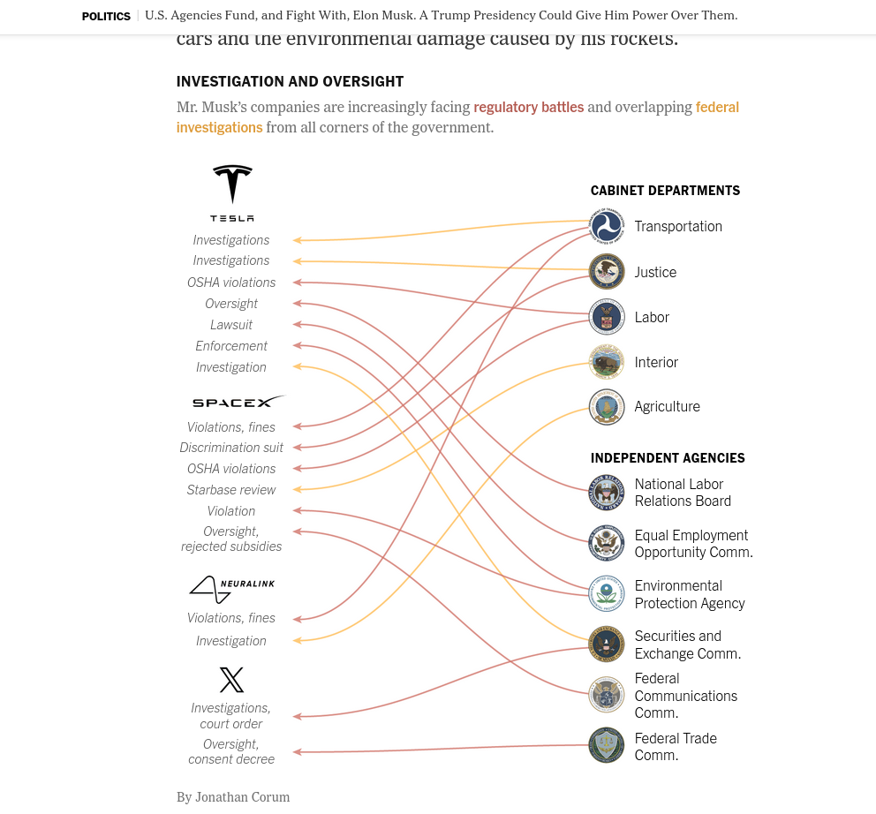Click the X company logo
click(231, 680)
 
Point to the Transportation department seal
click(607, 226)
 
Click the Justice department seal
click(607, 272)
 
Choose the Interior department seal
click(607, 362)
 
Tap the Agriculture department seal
click(607, 407)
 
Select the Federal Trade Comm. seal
click(607, 745)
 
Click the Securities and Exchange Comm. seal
click(607, 644)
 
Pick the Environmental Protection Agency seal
click(607, 594)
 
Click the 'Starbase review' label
click(231, 490)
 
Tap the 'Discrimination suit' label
click(231, 448)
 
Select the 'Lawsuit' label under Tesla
click(231, 325)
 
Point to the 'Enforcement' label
click(231, 346)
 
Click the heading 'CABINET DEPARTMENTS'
click(665, 191)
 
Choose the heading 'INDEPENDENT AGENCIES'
click(668, 458)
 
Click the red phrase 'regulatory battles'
click(528, 107)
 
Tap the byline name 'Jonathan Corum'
click(242, 797)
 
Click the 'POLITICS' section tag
click(106, 16)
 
